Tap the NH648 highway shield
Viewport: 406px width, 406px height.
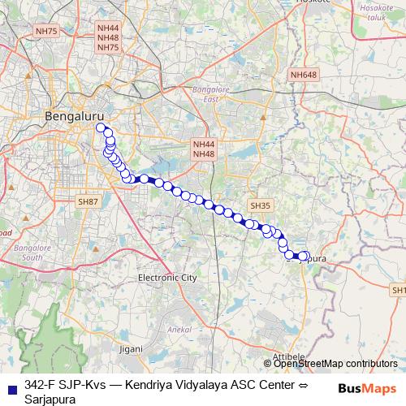[304, 75]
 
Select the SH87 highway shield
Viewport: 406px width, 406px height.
[87, 201]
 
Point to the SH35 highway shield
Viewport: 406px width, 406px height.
[260, 206]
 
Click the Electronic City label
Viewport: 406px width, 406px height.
[167, 277]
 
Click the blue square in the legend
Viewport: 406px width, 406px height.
[11, 387]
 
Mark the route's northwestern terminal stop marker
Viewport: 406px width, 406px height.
[101, 127]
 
